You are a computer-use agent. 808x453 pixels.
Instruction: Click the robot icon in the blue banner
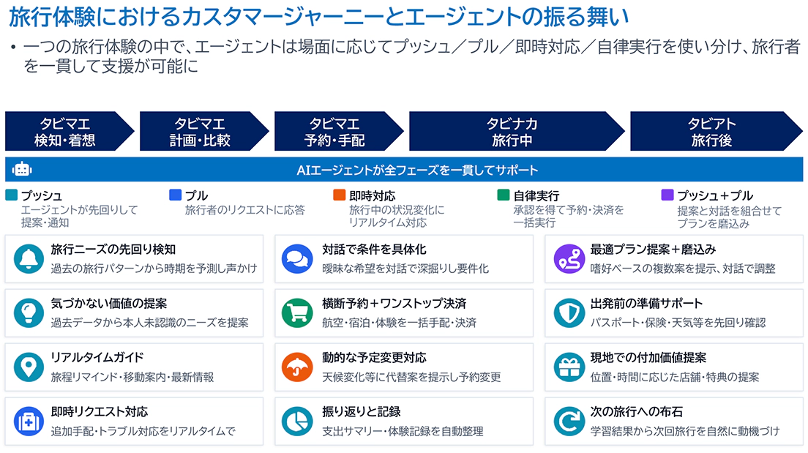[22, 169]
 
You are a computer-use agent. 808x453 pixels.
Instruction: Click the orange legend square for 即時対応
[339, 195]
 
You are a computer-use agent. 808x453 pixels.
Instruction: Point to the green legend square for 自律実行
[503, 195]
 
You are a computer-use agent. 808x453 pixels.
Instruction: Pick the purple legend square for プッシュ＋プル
[667, 195]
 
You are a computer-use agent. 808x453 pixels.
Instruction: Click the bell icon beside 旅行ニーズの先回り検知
[29, 259]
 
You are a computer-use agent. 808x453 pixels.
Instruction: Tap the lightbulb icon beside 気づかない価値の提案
[29, 312]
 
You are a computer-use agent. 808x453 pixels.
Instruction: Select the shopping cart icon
[297, 312]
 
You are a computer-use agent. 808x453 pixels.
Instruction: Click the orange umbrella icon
[297, 367]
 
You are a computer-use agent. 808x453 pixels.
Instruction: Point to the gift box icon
[569, 367]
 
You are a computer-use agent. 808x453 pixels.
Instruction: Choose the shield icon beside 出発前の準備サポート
[569, 312]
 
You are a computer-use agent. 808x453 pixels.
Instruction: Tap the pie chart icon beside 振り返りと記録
[297, 421]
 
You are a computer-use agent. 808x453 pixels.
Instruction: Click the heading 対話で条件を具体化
[374, 250]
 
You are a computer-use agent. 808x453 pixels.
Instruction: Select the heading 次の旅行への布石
[637, 412]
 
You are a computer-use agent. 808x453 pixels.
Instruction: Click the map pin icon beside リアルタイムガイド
[29, 367]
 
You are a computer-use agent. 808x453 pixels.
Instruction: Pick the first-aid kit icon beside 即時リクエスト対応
[29, 421]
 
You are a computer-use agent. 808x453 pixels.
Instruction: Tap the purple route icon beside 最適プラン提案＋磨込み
[569, 259]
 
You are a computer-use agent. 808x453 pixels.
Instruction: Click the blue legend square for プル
[175, 195]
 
